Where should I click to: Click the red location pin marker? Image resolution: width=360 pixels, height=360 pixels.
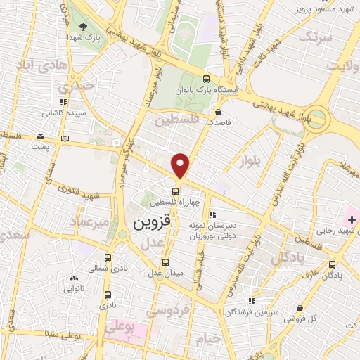click(181, 165)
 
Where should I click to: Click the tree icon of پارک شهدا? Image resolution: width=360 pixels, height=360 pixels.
click(84, 27)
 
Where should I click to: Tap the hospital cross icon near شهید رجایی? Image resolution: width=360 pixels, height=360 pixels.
click(332, 221)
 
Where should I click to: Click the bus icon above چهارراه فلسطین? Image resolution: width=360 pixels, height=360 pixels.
click(177, 190)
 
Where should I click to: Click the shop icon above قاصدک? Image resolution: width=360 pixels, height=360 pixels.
click(219, 111)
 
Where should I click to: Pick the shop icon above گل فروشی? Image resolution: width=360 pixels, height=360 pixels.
click(300, 308)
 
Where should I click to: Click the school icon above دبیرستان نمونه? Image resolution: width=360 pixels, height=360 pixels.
click(213, 215)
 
